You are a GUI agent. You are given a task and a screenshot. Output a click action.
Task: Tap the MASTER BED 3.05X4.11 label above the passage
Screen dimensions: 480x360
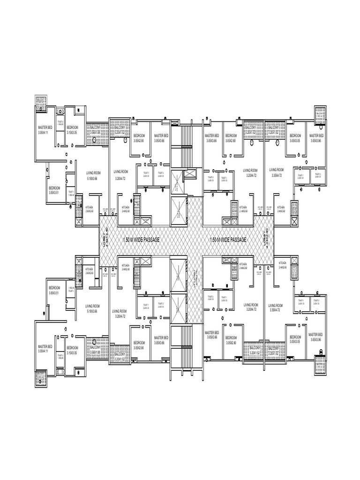pyautogui.click(x=45, y=130)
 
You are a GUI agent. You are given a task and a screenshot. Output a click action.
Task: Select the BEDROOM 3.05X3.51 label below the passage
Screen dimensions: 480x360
pyautogui.click(x=54, y=290)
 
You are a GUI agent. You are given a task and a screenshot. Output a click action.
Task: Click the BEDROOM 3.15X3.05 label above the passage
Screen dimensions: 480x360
pyautogui.click(x=72, y=130)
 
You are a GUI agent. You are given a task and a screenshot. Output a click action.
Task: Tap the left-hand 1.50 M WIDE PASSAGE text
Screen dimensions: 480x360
pyautogui.click(x=141, y=240)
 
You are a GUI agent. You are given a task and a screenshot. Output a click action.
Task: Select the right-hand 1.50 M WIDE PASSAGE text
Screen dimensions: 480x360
pyautogui.click(x=228, y=240)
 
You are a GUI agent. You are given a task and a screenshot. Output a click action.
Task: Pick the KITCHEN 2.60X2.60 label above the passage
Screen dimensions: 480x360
pyautogui.click(x=90, y=209)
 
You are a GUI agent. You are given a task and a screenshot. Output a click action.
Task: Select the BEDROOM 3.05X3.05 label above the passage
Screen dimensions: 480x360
pyautogui.click(x=295, y=138)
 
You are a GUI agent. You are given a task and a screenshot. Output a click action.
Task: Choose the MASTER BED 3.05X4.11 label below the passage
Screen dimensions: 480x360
pyautogui.click(x=45, y=348)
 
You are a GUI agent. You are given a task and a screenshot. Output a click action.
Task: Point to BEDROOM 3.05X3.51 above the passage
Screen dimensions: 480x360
pyautogui.click(x=54, y=190)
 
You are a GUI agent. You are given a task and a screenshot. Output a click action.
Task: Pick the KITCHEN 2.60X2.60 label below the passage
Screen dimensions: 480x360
pyautogui.click(x=90, y=270)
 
